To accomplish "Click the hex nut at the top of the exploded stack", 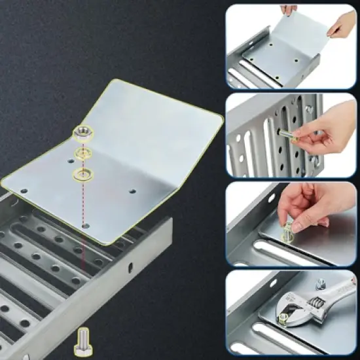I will (83, 134).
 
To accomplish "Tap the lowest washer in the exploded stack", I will (83, 174).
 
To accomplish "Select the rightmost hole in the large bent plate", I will (133, 192).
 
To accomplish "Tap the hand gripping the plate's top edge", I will (289, 10).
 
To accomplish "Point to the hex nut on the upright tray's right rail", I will (308, 109).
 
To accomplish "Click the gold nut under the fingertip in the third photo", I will (288, 231).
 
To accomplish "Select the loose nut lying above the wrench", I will (321, 283).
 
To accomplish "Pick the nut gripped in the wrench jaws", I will (283, 318).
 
